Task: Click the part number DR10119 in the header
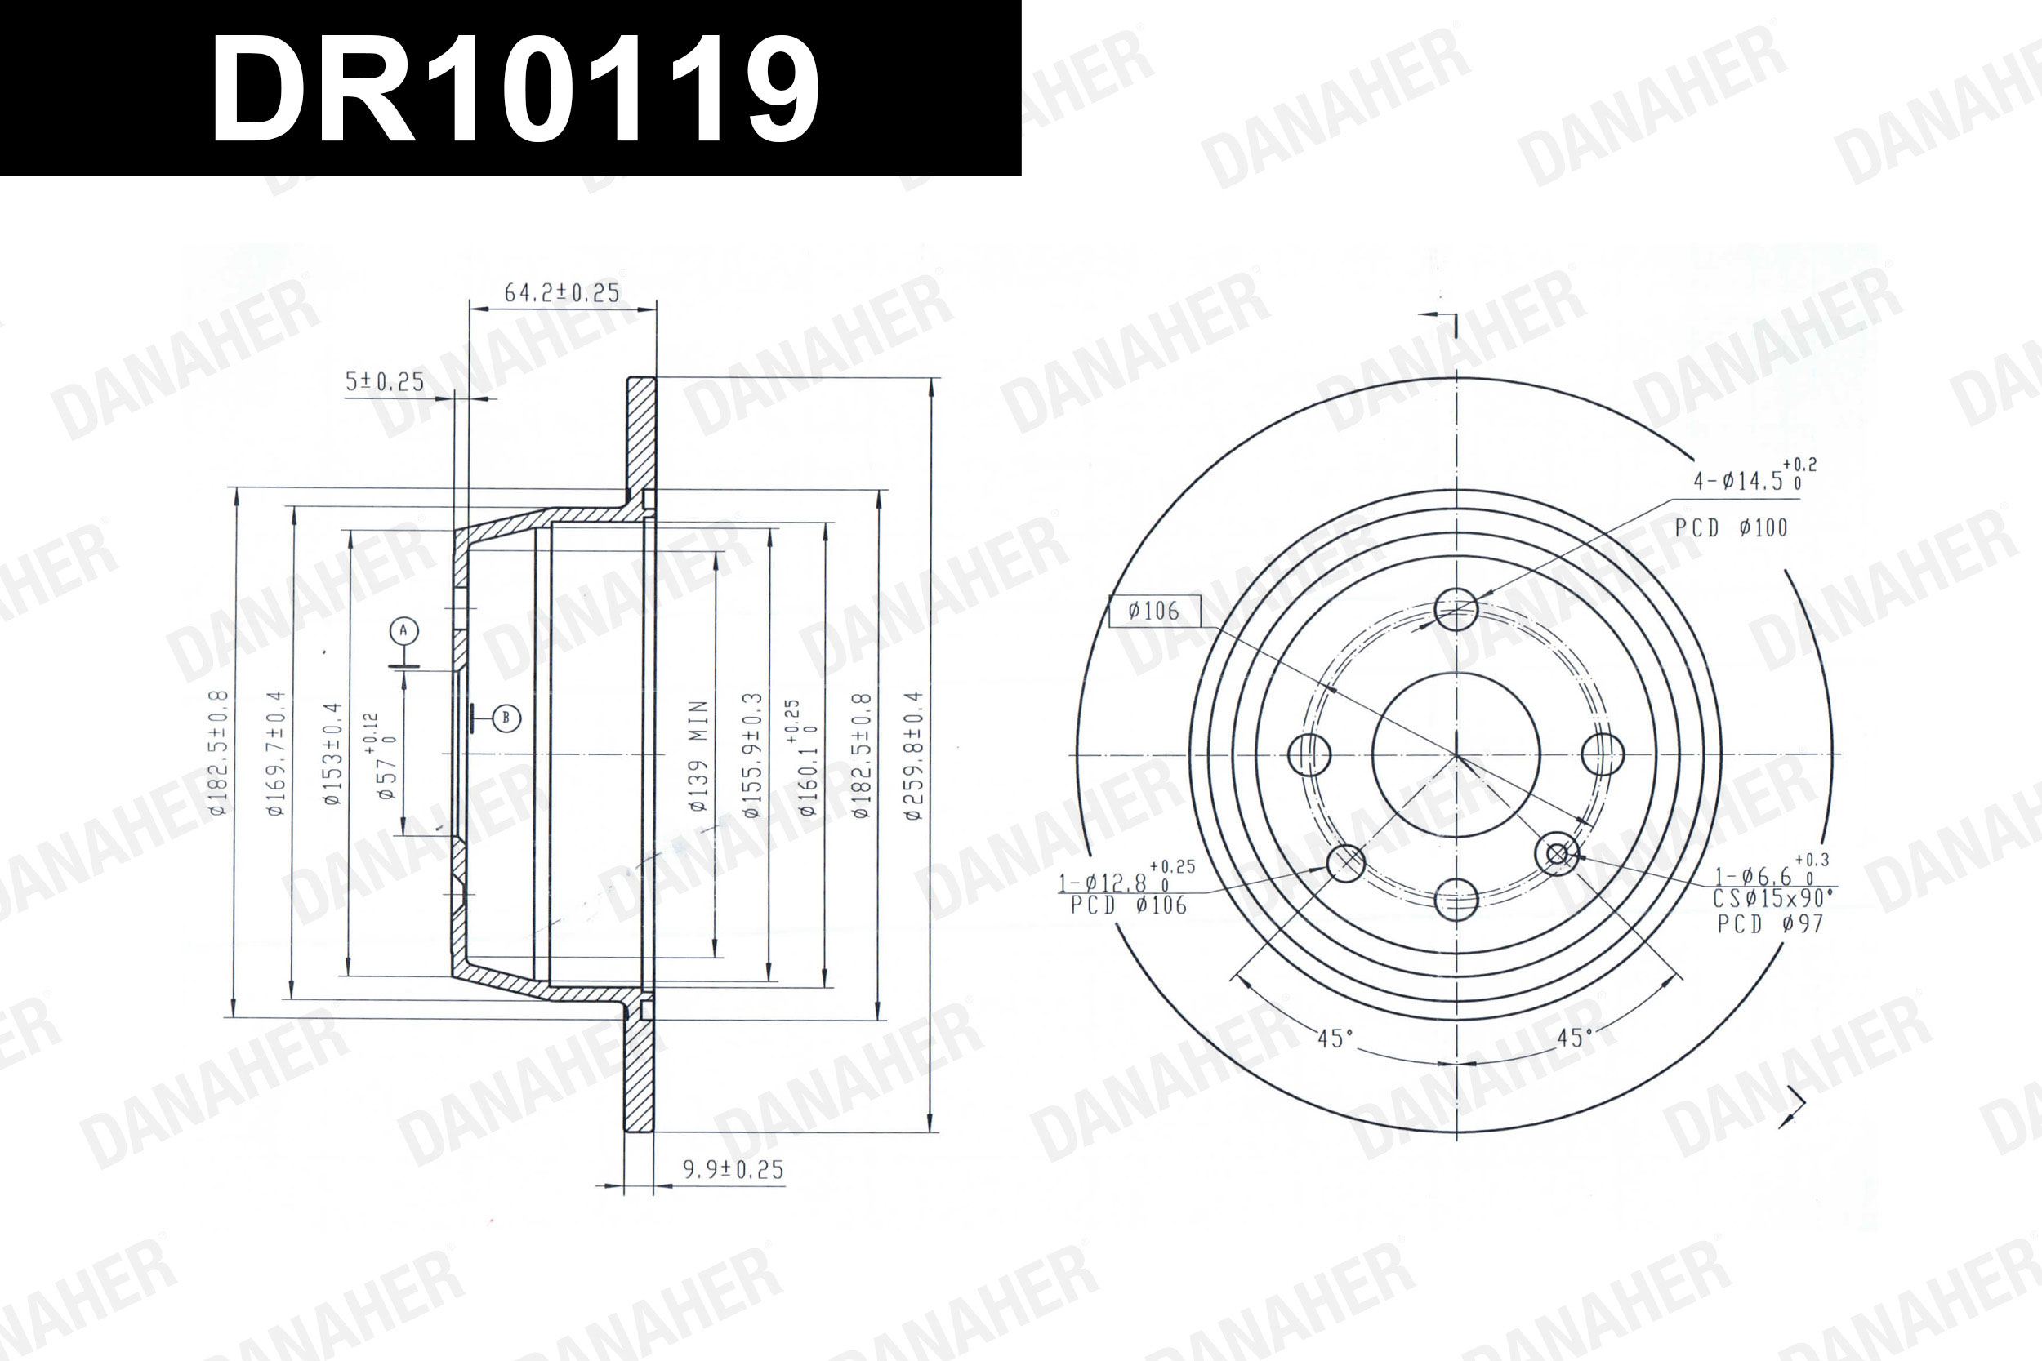[514, 88]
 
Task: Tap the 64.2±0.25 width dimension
[562, 292]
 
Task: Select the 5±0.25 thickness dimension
[384, 382]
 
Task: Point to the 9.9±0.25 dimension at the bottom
[733, 1169]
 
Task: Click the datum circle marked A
[403, 631]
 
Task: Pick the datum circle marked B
[506, 718]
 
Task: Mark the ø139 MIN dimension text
[699, 755]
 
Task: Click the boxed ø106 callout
[1155, 611]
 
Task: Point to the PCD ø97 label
[1770, 923]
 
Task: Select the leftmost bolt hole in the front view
[1309, 754]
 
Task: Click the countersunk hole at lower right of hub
[1557, 854]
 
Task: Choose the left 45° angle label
[1335, 1039]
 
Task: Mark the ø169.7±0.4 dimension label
[275, 753]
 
